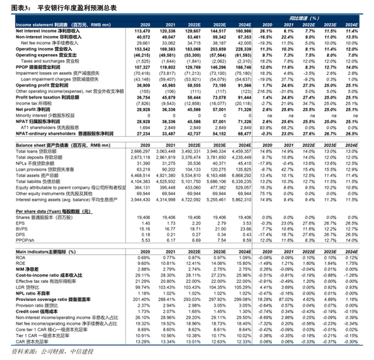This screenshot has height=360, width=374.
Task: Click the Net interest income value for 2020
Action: (141, 32)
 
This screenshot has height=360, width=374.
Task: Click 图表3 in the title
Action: (16, 6)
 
